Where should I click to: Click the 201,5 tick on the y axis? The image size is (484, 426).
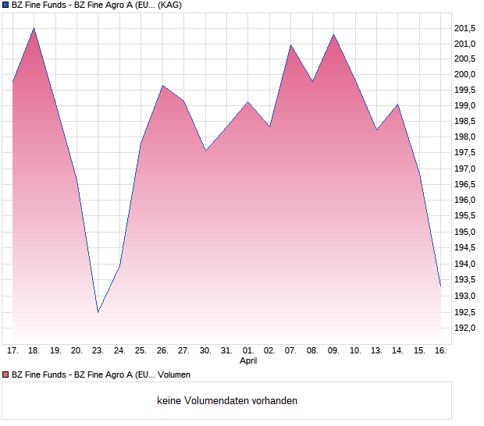(465, 27)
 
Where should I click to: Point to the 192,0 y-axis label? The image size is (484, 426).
(465, 328)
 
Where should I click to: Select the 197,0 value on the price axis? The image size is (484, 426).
(465, 169)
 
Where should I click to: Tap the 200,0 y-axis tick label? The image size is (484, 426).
(465, 74)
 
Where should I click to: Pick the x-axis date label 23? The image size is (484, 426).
(98, 350)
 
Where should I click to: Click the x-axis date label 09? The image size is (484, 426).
(333, 350)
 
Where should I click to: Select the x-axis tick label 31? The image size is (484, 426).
(226, 350)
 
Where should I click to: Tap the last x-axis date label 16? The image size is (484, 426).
(440, 350)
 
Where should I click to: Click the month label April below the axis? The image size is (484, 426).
(248, 361)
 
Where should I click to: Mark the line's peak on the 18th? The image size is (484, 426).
(34, 28)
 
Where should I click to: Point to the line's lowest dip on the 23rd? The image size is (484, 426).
(98, 312)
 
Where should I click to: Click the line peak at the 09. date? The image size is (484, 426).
(333, 34)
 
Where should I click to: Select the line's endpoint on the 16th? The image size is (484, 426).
(440, 286)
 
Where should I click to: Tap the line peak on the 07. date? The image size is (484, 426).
(290, 44)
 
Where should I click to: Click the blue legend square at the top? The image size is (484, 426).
(6, 5)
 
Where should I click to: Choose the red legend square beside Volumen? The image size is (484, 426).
(6, 375)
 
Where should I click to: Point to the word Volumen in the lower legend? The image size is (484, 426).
(174, 375)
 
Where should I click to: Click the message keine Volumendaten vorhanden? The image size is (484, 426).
(227, 401)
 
